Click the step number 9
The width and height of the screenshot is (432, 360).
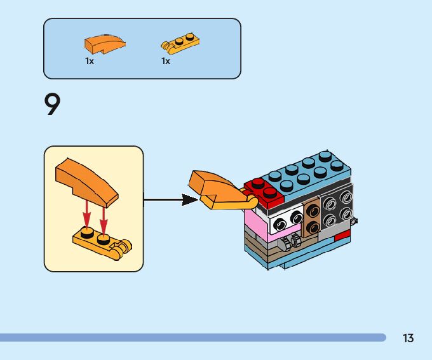(x=52, y=104)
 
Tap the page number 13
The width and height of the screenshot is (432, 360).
(x=408, y=338)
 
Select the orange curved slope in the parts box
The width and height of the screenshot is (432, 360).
(x=105, y=44)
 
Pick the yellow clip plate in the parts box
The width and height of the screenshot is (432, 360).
(x=180, y=43)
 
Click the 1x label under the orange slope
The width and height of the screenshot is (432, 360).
(x=90, y=61)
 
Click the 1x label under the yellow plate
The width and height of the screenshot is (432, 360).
(x=166, y=61)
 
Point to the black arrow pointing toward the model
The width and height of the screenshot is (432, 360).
(x=171, y=200)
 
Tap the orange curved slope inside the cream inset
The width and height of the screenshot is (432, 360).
(x=87, y=182)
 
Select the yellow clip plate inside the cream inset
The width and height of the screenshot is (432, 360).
(x=102, y=243)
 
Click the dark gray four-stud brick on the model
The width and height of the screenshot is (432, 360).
(x=337, y=208)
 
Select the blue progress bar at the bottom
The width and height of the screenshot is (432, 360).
(x=193, y=337)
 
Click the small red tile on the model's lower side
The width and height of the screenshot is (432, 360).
(x=342, y=236)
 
